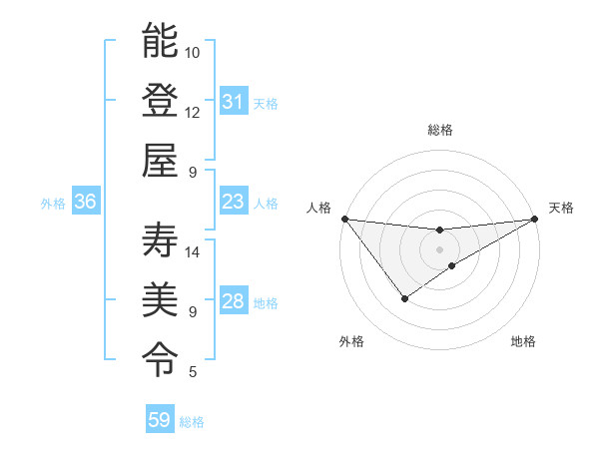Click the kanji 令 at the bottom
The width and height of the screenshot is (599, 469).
pos(160,357)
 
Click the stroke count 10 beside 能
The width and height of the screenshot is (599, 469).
pos(193,52)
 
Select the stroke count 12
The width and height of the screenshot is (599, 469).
pos(193,112)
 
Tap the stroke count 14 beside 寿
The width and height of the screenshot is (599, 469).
pos(193,251)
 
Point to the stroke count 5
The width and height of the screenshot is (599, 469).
pos(192,372)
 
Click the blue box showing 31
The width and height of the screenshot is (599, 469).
pos(233,102)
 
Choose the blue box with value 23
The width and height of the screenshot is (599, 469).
pos(233,202)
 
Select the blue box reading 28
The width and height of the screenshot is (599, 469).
pos(233,302)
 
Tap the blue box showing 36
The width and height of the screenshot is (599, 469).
pos(85,202)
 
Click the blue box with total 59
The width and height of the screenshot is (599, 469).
pos(159,420)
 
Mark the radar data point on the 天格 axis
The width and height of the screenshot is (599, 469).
pos(534,218)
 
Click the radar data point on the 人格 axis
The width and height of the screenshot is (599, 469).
pos(344,218)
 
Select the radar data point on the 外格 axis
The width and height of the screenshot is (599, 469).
pos(404,297)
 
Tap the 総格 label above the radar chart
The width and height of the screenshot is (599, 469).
pos(439,130)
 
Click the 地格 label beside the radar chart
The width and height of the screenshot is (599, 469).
pos(523,341)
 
